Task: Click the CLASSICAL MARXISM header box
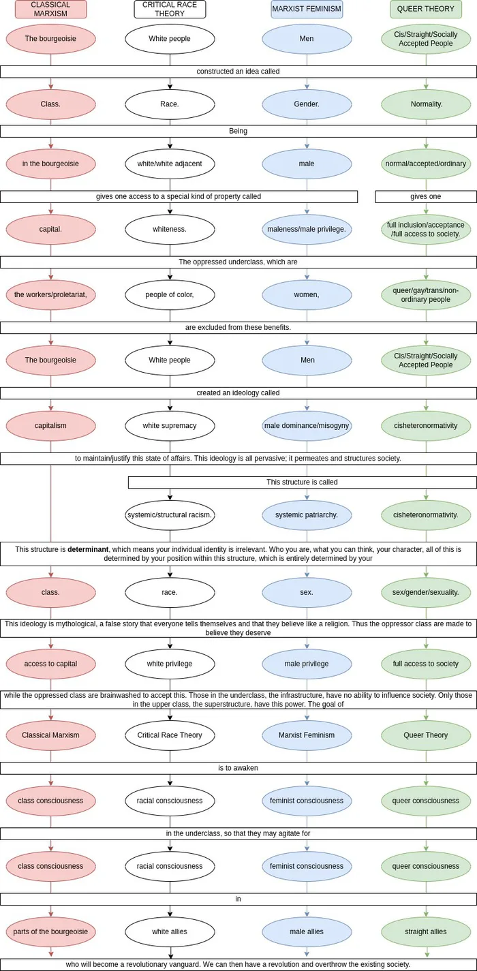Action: pos(50,9)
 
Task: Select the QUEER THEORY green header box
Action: pos(426,9)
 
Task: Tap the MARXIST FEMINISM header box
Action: pos(307,9)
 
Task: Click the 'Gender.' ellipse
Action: pos(307,104)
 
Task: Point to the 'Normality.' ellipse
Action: pos(426,104)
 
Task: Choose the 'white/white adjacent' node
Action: pos(170,164)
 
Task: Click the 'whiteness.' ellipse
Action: pos(170,230)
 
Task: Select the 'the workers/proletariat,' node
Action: pos(50,295)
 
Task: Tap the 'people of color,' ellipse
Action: pos(170,295)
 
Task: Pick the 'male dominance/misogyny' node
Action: pos(307,426)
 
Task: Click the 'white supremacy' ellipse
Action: pos(170,426)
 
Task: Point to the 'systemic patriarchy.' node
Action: pos(307,515)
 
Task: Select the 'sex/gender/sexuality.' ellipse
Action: pos(426,592)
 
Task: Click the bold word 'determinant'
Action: pos(88,549)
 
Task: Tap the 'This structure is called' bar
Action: pos(303,482)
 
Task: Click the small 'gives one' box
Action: pos(426,197)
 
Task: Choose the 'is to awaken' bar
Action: pos(238,768)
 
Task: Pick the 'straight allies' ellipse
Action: pos(426,931)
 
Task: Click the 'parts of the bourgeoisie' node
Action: pos(50,931)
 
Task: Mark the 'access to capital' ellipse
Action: pos(50,664)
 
